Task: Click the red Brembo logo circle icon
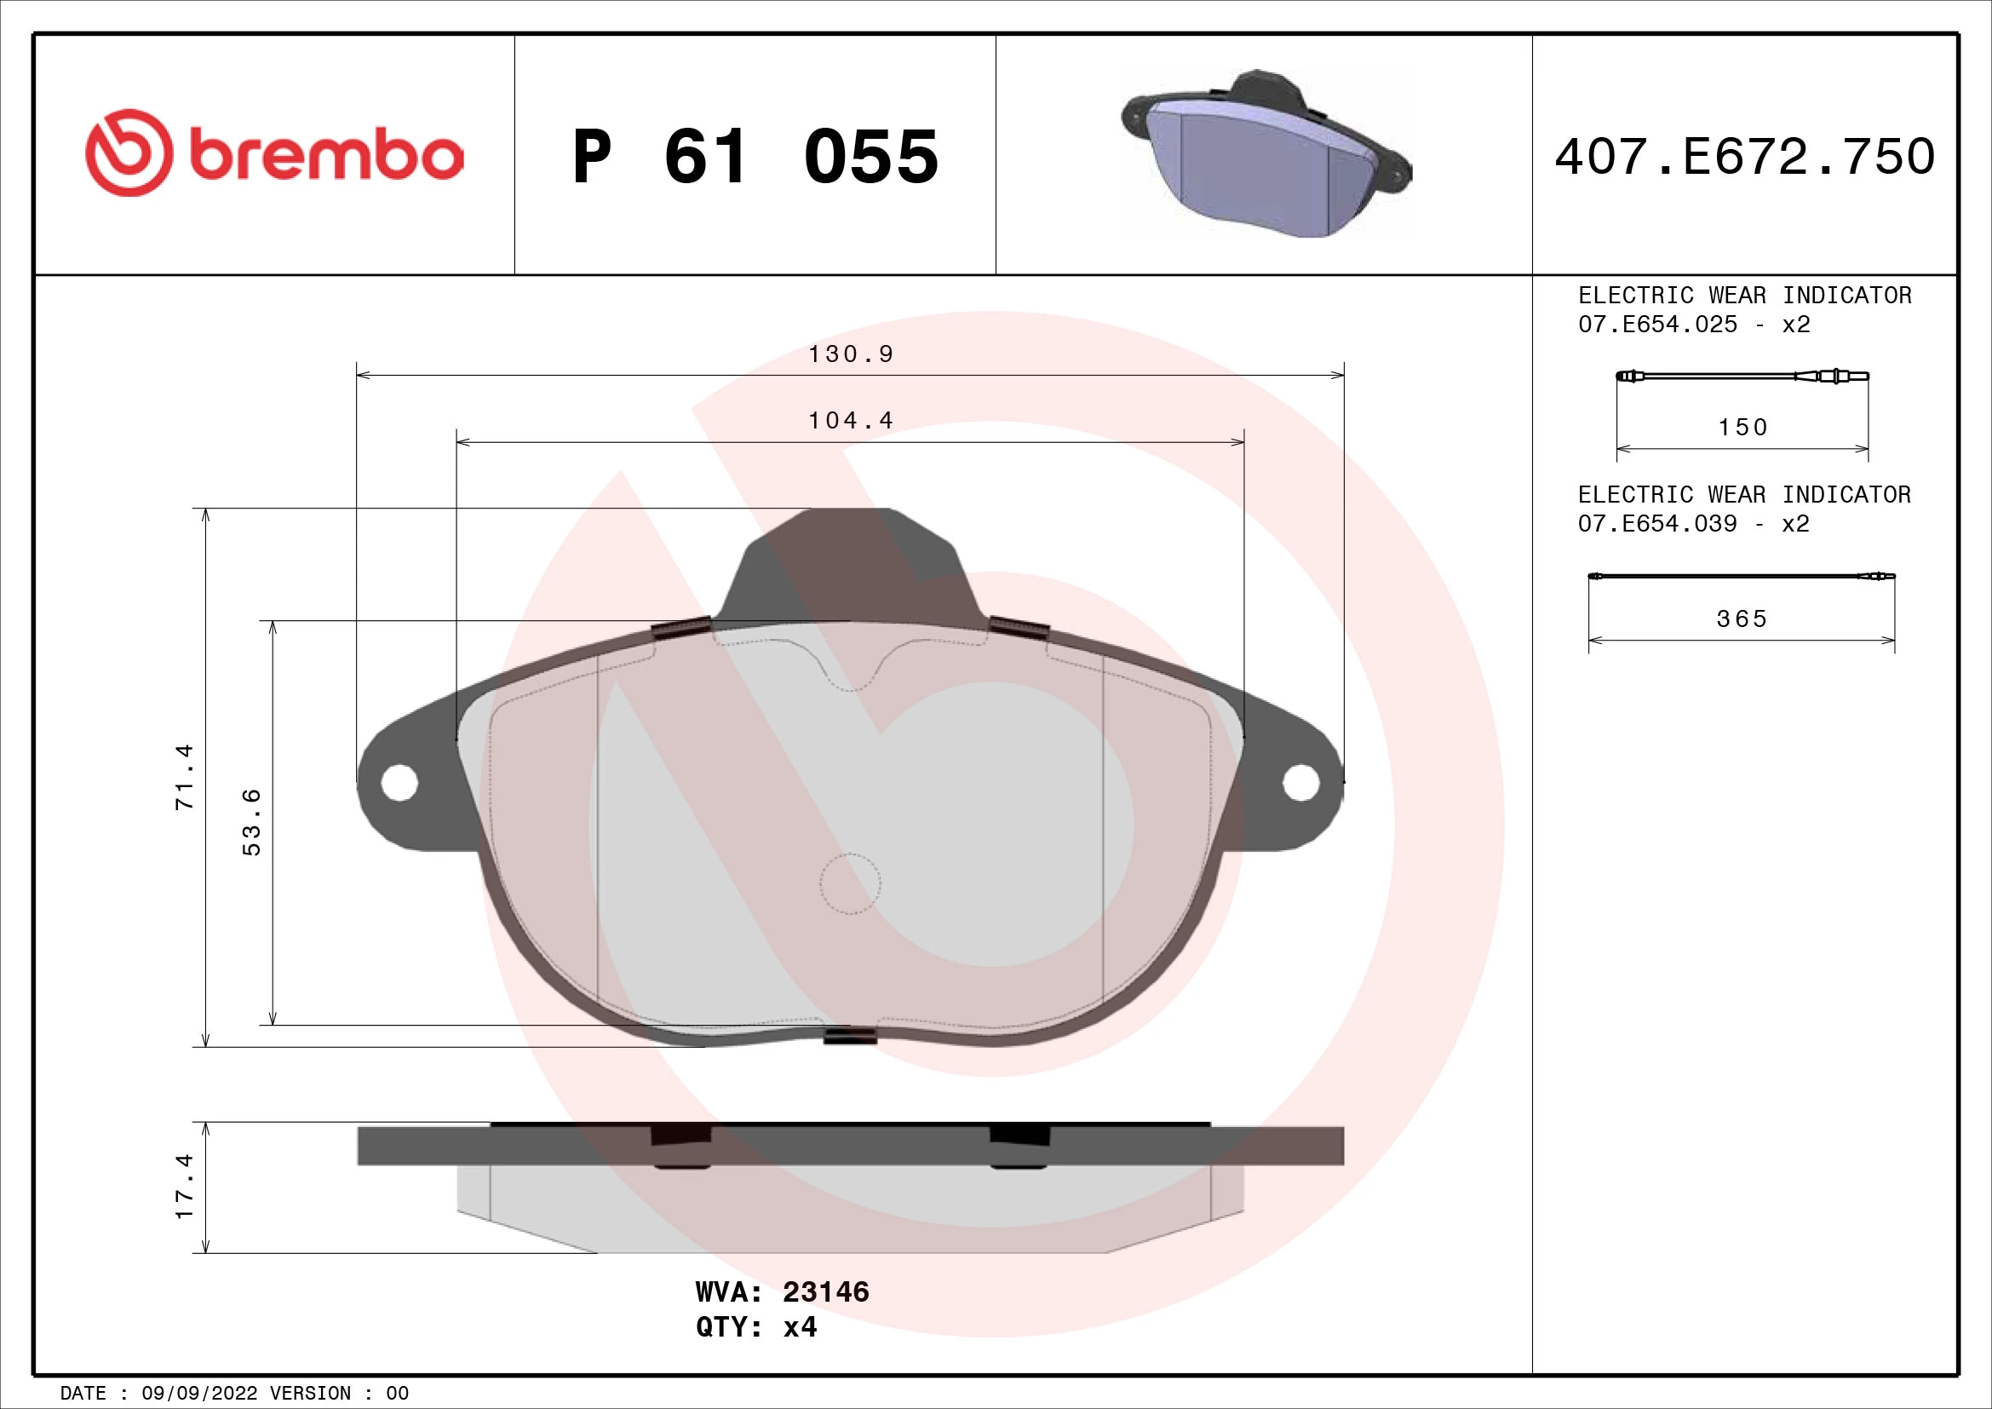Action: (129, 152)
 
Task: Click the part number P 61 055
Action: (755, 157)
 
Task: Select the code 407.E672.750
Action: (1745, 157)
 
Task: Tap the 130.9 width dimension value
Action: (850, 354)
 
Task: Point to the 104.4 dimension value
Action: (850, 421)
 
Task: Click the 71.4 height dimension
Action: (185, 777)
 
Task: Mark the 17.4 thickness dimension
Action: (185, 1187)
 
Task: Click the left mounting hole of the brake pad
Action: (399, 783)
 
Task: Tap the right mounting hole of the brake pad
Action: (1300, 783)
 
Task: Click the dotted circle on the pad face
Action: (850, 883)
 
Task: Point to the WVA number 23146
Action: (825, 1292)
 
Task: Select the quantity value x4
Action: (800, 1327)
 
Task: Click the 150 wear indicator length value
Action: (1742, 427)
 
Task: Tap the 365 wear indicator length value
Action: (1742, 618)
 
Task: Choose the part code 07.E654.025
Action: (1657, 325)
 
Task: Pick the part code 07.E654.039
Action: (1657, 524)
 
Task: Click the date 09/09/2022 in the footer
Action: (199, 1394)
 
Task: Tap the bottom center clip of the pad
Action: (849, 1035)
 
